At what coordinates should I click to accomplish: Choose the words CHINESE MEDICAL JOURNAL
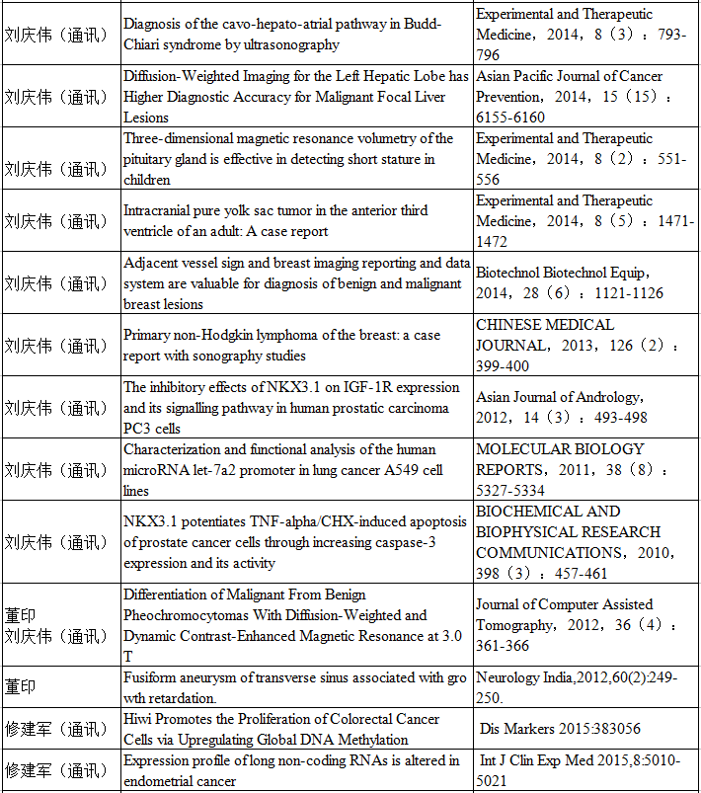[x=545, y=335]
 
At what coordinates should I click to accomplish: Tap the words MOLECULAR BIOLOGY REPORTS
[x=559, y=459]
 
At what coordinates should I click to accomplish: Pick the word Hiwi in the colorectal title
[x=139, y=719]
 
